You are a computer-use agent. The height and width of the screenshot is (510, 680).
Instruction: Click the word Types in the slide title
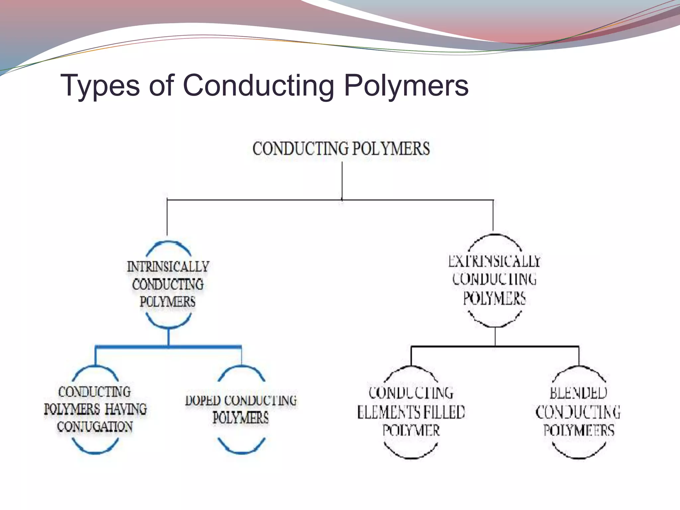point(100,86)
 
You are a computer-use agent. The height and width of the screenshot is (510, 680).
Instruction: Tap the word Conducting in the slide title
point(258,86)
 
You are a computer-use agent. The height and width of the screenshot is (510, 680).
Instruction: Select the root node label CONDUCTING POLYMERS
point(341,148)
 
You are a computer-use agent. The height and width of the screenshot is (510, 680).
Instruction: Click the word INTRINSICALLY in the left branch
point(168,267)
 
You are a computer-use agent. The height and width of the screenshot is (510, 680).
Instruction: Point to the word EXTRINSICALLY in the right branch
point(494,261)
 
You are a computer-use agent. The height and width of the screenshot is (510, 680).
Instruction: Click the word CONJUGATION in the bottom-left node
point(95,427)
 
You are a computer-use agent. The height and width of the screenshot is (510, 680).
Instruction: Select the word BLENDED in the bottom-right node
point(578,393)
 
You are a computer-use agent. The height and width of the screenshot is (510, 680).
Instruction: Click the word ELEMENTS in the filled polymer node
point(387,412)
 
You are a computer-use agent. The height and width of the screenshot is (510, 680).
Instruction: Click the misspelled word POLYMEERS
point(579,430)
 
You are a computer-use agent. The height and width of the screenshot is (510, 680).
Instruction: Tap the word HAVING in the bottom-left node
point(126,409)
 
